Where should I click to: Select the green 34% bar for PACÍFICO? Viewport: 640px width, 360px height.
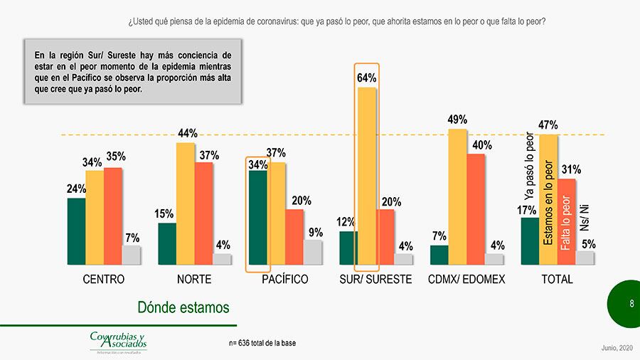pos(258,217)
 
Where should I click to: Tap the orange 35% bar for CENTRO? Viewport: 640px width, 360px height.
pos(113,216)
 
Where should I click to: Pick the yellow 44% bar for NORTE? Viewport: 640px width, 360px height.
pos(185,203)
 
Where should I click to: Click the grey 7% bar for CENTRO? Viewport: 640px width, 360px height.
pos(132,255)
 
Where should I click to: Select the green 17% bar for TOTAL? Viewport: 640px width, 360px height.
pos(530,241)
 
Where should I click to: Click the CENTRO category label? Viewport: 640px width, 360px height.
pos(104,280)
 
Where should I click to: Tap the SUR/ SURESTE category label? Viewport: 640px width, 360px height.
pos(375,280)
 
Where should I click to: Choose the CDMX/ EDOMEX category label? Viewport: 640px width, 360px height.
pos(466,280)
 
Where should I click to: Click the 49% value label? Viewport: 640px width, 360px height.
pos(457,120)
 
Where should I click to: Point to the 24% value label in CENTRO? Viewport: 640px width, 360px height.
pos(77,189)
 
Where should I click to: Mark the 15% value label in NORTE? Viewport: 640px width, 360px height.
pos(164,213)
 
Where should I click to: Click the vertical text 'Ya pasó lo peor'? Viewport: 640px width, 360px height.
pos(529,166)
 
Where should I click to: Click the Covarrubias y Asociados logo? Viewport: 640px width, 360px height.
pos(118,342)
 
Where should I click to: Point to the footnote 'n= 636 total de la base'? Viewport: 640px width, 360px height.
pos(262,343)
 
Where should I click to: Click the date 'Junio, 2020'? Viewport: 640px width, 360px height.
pos(615,347)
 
